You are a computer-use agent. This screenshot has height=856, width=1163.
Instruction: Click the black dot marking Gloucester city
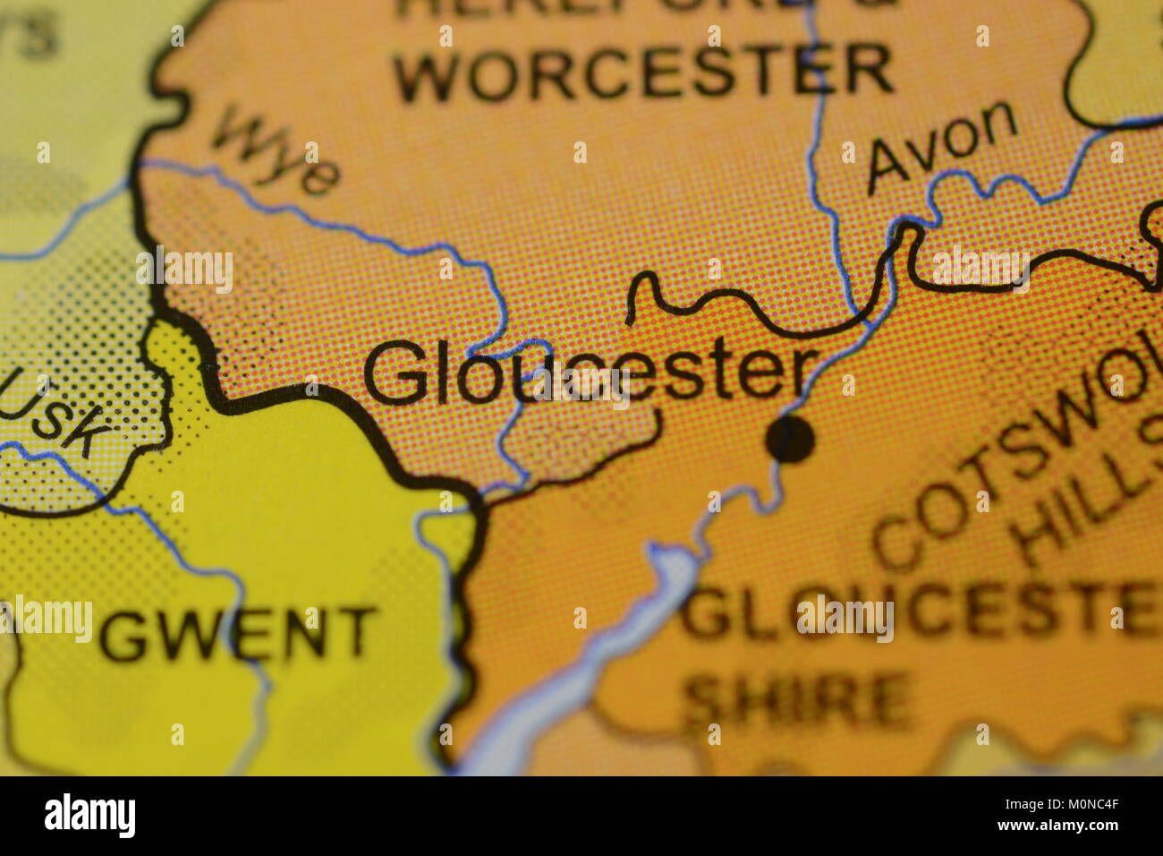(791, 440)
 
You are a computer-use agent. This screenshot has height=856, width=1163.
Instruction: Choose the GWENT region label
(238, 633)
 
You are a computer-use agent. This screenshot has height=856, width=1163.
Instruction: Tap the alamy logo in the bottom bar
(89, 816)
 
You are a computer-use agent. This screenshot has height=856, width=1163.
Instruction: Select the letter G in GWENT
(122, 635)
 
